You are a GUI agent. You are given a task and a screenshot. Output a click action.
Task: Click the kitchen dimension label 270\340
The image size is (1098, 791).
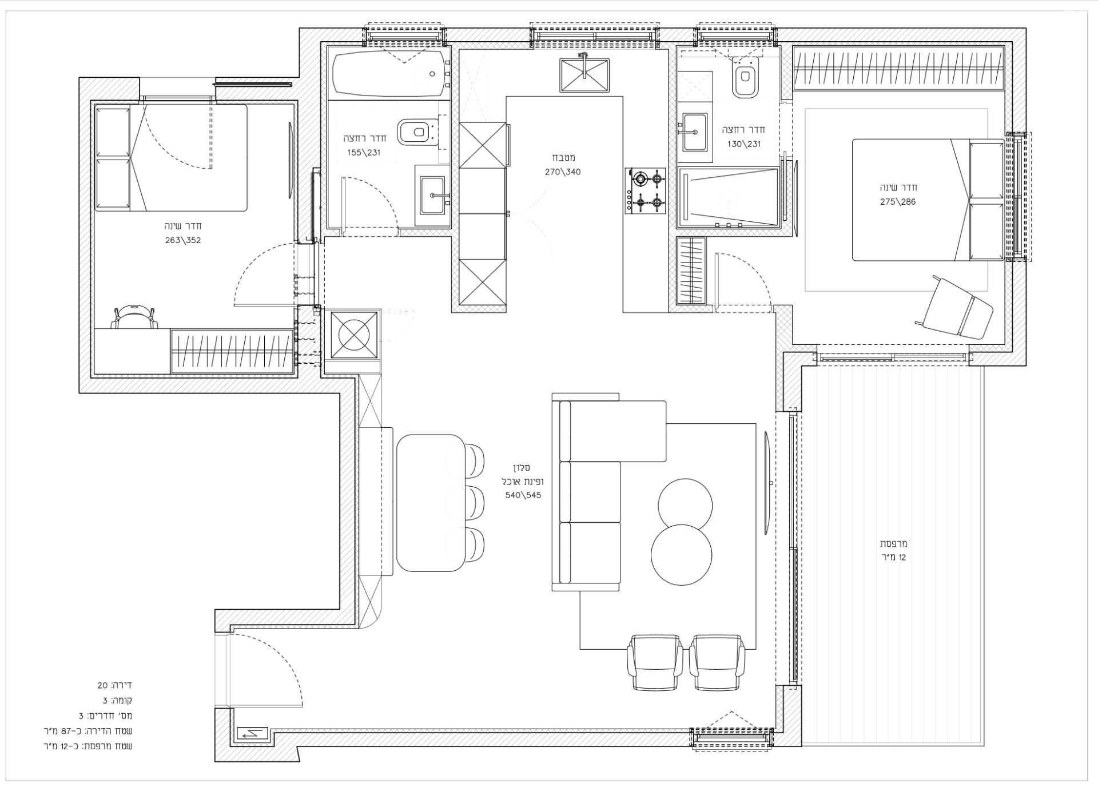pyautogui.click(x=563, y=172)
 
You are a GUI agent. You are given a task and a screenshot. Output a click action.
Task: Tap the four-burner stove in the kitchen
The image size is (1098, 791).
pyautogui.click(x=645, y=191)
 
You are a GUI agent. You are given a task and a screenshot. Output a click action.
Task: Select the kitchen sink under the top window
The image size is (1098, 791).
pyautogui.click(x=584, y=75)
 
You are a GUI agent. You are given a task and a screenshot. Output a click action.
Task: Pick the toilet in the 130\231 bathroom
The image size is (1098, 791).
pyautogui.click(x=745, y=77)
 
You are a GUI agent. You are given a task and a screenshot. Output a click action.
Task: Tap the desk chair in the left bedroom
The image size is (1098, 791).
pyautogui.click(x=135, y=316)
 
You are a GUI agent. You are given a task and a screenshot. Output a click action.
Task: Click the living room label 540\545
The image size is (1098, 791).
pyautogui.click(x=523, y=495)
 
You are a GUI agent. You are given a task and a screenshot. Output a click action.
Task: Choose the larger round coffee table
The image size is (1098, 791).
pyautogui.click(x=682, y=555)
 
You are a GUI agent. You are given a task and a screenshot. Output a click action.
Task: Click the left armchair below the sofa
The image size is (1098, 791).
pyautogui.click(x=655, y=662)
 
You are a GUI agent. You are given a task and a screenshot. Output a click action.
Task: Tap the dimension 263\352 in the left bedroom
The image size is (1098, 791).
pyautogui.click(x=183, y=240)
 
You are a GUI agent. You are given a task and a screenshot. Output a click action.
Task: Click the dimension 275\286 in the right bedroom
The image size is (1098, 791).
pyautogui.click(x=898, y=201)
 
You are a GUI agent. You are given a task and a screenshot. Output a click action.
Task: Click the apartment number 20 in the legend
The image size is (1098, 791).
pyautogui.click(x=102, y=685)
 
